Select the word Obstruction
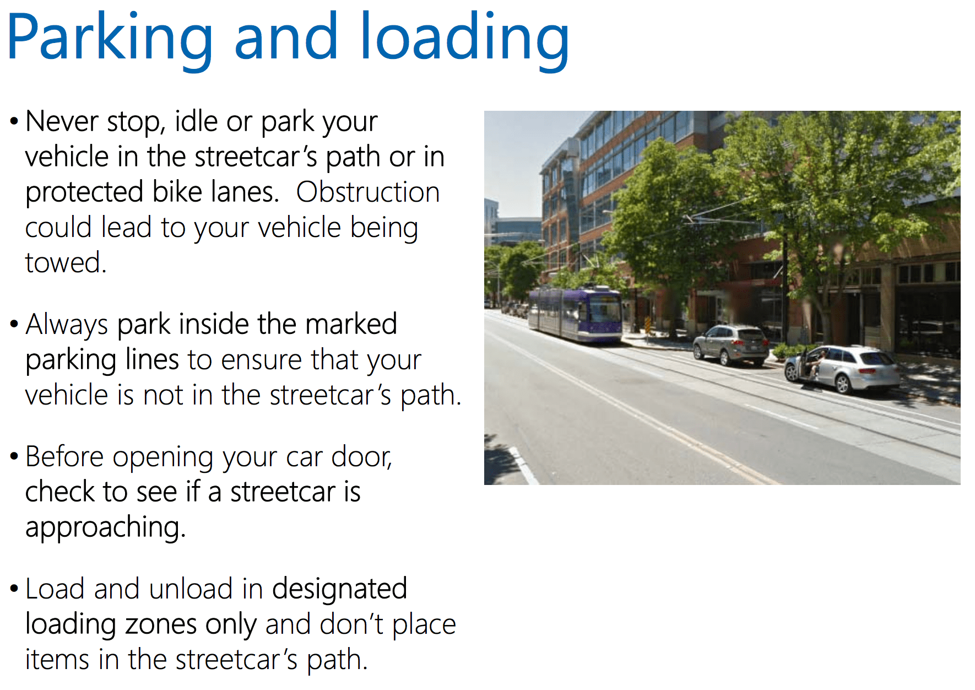[368, 192]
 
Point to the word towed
[66, 262]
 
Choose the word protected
[85, 193]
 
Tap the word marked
[351, 324]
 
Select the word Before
[64, 456]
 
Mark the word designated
[340, 589]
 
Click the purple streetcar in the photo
[575, 312]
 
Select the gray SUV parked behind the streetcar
[731, 345]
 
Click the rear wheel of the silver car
[842, 383]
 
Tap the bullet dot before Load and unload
[14, 589]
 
